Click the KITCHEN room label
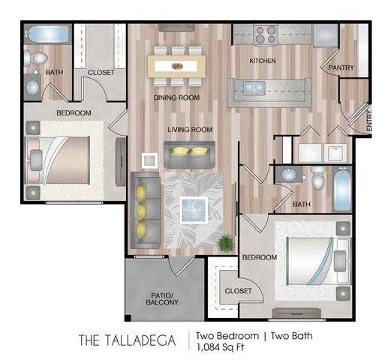[263, 60]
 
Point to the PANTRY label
[340, 67]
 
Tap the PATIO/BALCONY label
[161, 298]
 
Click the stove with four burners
[266, 34]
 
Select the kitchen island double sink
[254, 87]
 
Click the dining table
[176, 65]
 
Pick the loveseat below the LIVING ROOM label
[189, 155]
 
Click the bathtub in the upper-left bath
[48, 34]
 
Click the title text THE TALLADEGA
[128, 340]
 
